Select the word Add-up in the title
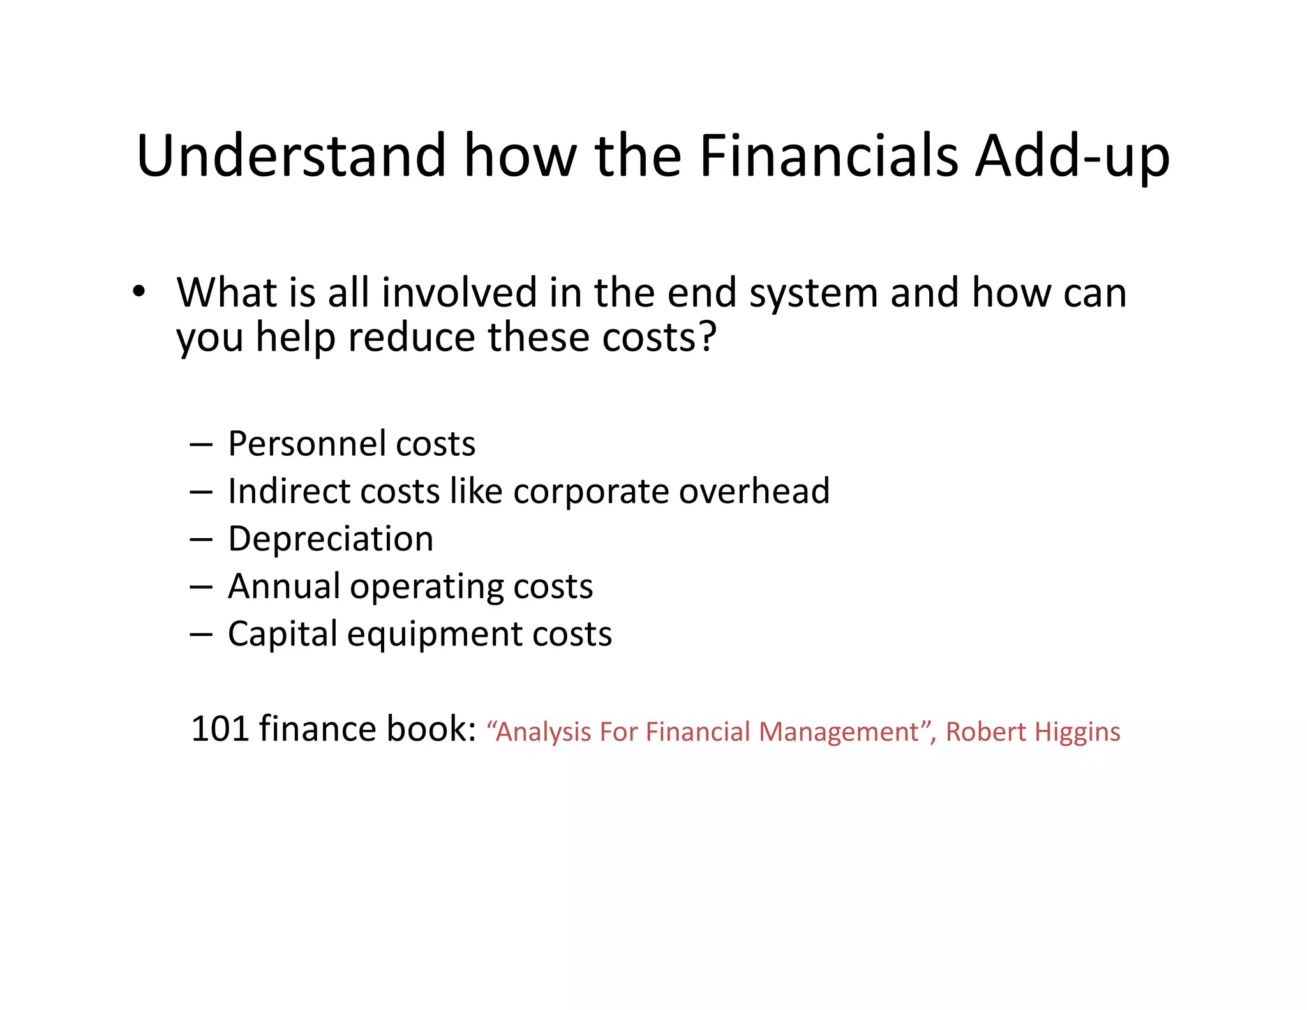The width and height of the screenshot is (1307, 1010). (x=1072, y=156)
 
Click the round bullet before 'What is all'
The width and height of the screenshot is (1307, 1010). (x=139, y=292)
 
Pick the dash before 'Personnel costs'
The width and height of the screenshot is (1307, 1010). (x=200, y=444)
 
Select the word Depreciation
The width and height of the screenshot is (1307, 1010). (x=331, y=539)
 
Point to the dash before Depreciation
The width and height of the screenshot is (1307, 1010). (x=200, y=539)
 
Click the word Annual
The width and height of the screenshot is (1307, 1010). (x=284, y=586)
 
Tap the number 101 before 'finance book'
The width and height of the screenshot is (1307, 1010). (x=220, y=728)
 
